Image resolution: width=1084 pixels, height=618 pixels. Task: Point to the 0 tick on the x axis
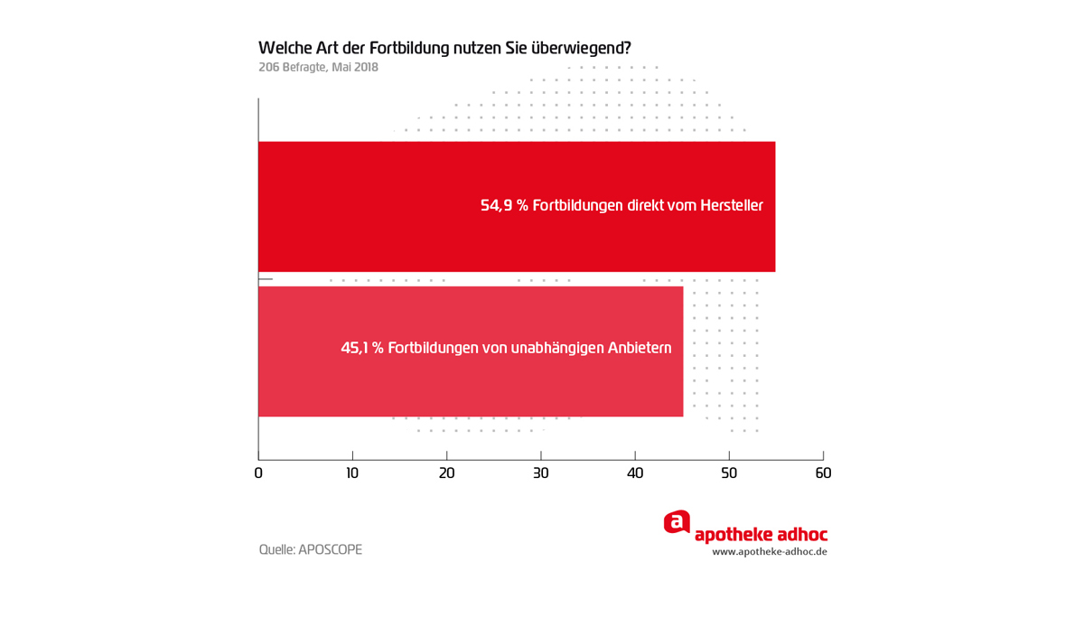coord(258,473)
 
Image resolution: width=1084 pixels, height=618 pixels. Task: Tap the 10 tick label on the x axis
coord(352,473)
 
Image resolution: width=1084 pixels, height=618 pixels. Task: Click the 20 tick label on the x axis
coord(446,473)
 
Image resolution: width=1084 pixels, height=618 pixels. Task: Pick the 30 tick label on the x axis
coord(540,473)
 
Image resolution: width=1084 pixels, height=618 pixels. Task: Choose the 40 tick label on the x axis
coord(635,473)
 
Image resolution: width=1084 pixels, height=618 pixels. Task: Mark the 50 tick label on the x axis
coord(729,473)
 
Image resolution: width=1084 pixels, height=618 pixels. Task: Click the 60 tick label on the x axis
coord(823,473)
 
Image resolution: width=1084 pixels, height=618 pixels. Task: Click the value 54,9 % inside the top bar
coord(504,206)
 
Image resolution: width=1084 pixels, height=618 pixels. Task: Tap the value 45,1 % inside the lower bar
coord(361,347)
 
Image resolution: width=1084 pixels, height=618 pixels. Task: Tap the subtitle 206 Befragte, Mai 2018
coord(318,68)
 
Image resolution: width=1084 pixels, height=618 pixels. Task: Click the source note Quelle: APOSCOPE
coord(310,549)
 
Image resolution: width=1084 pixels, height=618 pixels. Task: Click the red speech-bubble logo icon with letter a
coord(677,522)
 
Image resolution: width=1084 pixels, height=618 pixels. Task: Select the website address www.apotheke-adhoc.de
coord(769,551)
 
